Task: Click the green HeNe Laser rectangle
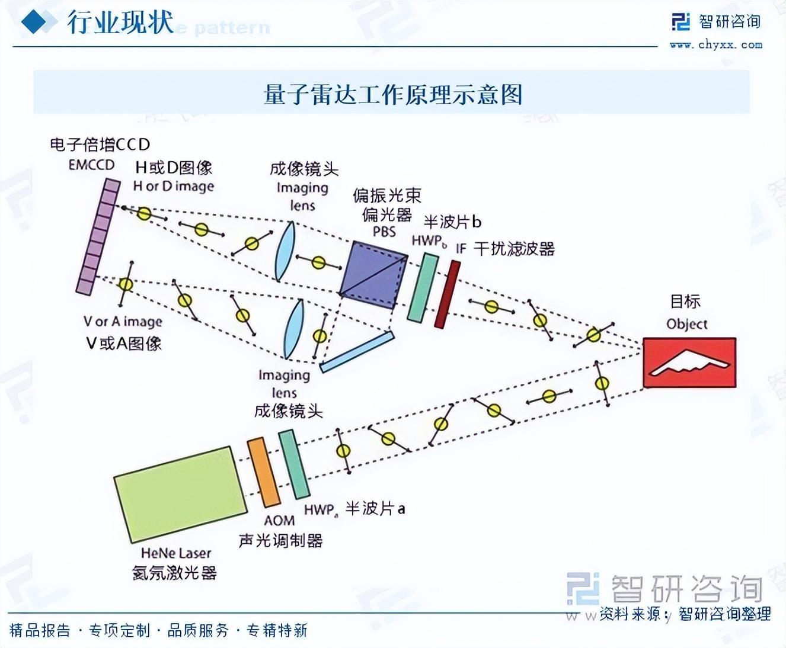pos(180,495)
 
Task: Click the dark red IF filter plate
pos(448,294)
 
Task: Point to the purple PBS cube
pos(373,275)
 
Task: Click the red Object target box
pos(689,363)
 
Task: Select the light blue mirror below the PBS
pos(357,352)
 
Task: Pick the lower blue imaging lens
pos(294,328)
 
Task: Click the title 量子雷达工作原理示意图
pos(392,94)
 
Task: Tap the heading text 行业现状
pos(120,23)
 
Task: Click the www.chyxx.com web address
pos(715,44)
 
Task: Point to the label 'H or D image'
pos(173,186)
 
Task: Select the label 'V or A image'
pos(123,322)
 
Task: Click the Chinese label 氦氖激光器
pos(174,573)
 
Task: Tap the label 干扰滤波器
pos(514,249)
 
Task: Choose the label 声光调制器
pos(280,540)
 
